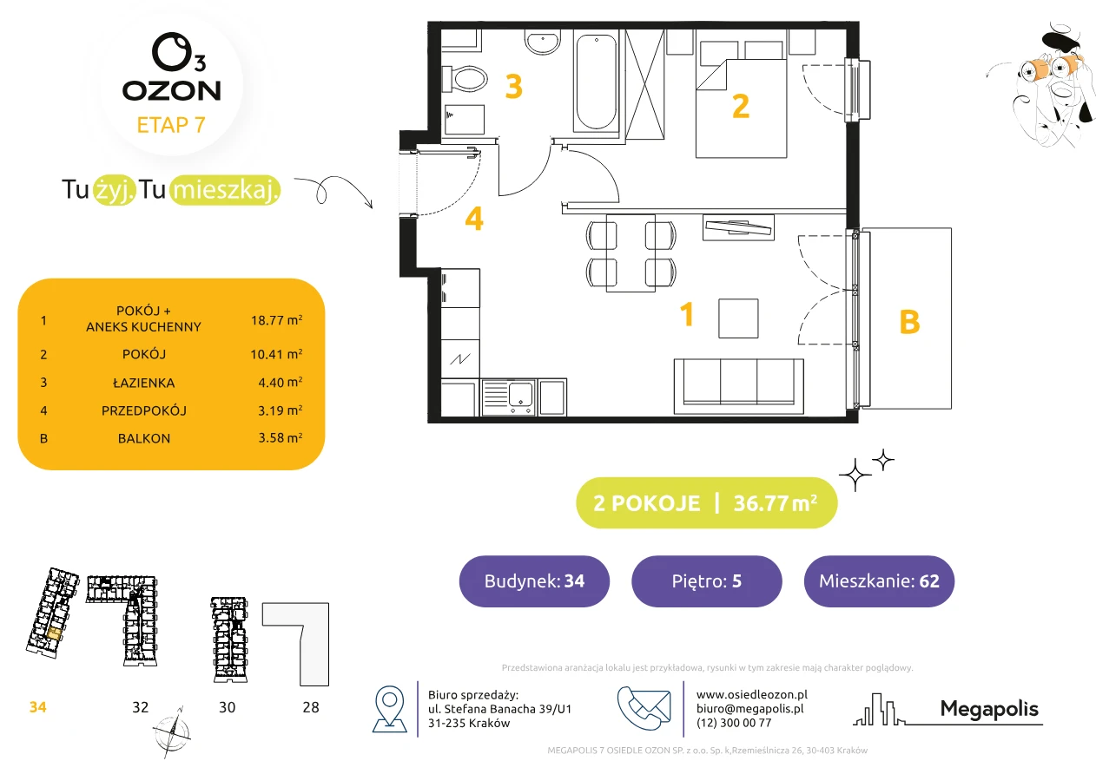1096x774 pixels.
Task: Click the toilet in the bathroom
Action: [x=465, y=79]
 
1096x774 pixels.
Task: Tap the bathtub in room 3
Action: [x=596, y=81]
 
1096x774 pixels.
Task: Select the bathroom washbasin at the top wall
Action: [x=542, y=42]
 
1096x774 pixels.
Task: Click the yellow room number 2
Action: [x=741, y=106]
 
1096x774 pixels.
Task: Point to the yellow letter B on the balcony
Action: [x=909, y=322]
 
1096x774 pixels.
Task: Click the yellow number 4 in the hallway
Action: [x=474, y=218]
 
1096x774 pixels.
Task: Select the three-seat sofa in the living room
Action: [x=738, y=386]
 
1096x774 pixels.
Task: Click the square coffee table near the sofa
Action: [x=738, y=318]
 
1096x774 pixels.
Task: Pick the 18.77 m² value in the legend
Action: [x=276, y=320]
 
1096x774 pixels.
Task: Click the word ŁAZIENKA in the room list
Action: [x=144, y=383]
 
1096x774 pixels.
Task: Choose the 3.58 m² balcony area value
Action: [x=280, y=437]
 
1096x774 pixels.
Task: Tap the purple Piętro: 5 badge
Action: [x=707, y=580]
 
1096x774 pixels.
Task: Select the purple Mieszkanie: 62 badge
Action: [x=879, y=580]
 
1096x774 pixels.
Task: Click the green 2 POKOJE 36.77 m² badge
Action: [x=707, y=502]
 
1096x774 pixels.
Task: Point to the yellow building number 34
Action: [x=37, y=707]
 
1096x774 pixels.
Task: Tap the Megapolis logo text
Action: [x=989, y=709]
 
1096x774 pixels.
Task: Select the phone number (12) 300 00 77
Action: [x=734, y=723]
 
